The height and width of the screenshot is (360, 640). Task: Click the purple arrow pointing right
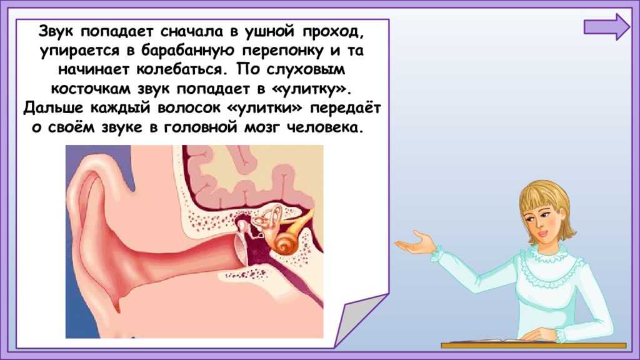[607, 27]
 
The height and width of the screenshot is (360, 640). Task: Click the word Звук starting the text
[57, 31]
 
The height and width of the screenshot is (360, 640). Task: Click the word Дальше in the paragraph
[54, 108]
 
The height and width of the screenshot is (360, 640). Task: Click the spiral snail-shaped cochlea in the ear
[282, 244]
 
